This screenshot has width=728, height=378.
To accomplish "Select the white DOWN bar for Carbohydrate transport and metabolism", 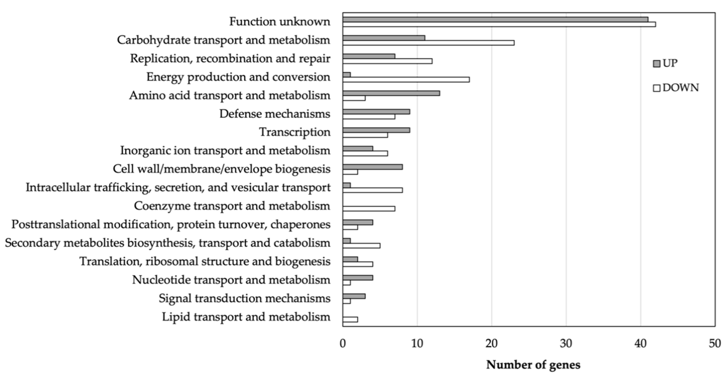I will click(x=428, y=43).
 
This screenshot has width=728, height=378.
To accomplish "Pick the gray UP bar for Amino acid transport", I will click(x=391, y=93).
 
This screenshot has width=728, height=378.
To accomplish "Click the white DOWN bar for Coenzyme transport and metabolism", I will click(x=369, y=209).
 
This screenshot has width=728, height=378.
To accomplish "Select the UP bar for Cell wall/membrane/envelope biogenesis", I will click(x=373, y=167).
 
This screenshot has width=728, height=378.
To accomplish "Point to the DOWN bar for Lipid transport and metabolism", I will click(x=350, y=319).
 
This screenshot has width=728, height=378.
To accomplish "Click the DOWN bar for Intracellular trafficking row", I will click(x=373, y=190).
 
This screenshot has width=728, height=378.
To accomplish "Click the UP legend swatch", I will click(x=657, y=64).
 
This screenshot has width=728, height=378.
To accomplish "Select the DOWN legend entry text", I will click(x=681, y=88).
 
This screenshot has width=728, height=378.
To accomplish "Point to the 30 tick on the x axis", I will click(x=566, y=344).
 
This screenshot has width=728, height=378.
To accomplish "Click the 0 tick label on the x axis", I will click(x=343, y=344).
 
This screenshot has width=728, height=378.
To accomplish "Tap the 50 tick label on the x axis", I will click(x=715, y=344).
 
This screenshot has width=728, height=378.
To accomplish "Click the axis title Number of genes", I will click(x=533, y=365).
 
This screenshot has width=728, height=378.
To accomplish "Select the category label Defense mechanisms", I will click(x=275, y=114).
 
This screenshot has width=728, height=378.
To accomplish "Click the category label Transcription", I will click(x=295, y=132).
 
